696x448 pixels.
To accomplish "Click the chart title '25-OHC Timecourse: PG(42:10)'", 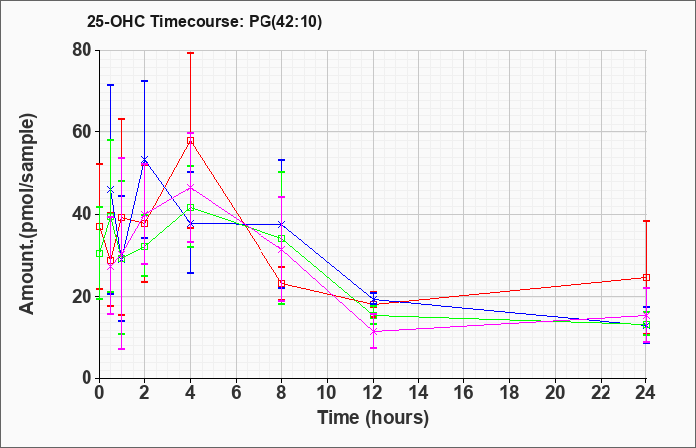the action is click(x=205, y=21).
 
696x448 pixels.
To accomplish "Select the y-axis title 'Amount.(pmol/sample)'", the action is click(x=27, y=214).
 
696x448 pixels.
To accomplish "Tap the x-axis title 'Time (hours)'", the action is click(x=373, y=418).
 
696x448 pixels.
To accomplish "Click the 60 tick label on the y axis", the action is click(x=82, y=132).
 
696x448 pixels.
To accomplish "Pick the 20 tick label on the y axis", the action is click(x=82, y=297).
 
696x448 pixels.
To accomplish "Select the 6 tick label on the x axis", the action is click(x=237, y=393).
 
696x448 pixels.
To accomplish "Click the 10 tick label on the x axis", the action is click(x=327, y=393).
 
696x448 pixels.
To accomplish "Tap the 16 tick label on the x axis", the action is click(x=464, y=393).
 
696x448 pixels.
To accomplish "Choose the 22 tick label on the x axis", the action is click(x=601, y=393).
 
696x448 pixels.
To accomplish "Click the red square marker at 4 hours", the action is click(x=191, y=141).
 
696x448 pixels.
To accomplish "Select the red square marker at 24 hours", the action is click(x=646, y=278).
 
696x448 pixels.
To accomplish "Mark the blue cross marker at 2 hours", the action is click(x=145, y=159).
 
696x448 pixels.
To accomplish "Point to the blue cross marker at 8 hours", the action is click(x=281, y=224).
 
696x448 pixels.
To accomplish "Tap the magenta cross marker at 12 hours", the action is click(x=373, y=332).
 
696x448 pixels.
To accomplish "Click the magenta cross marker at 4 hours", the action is click(x=191, y=187).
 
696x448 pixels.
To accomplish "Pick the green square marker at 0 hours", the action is click(x=99, y=253).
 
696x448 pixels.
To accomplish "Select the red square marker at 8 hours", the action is click(x=281, y=283).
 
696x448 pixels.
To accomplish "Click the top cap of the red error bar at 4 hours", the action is click(x=191, y=53).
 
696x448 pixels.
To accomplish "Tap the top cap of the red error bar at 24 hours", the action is click(x=646, y=221).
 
